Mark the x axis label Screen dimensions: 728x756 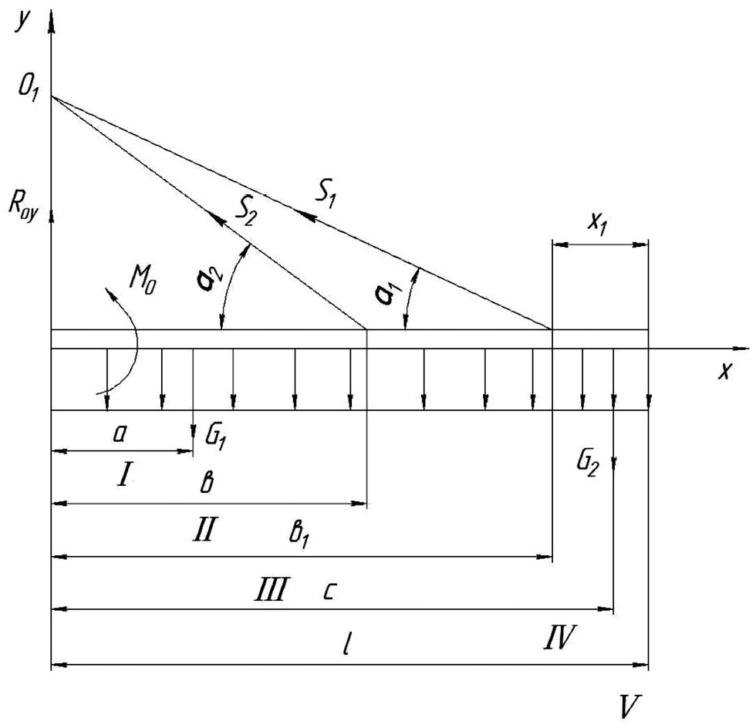coord(724,372)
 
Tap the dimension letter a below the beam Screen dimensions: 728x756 coord(119,436)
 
